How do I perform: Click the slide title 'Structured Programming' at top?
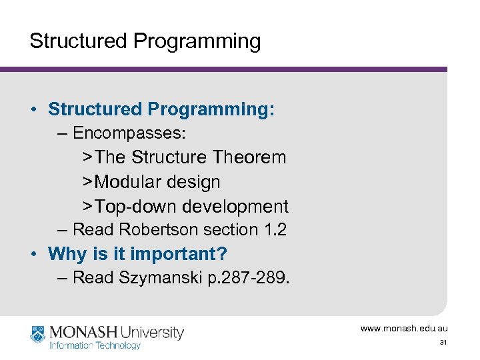click(x=145, y=41)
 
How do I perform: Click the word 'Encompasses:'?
click(x=129, y=133)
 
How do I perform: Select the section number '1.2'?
click(x=274, y=230)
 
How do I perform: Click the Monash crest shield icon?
click(x=37, y=333)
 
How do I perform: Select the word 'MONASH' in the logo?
click(x=81, y=332)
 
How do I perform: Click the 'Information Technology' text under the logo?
click(x=95, y=345)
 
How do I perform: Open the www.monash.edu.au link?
click(x=404, y=328)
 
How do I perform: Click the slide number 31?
click(x=443, y=343)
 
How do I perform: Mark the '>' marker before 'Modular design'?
click(x=87, y=182)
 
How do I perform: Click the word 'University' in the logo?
click(x=152, y=332)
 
